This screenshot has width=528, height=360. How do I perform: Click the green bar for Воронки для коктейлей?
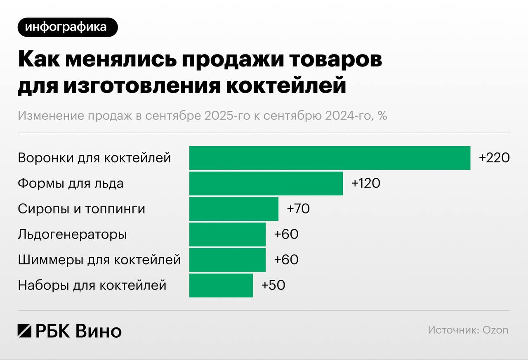pos(330,158)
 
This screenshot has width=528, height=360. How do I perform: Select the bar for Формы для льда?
pos(266,183)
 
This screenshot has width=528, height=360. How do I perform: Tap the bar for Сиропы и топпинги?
pos(234,209)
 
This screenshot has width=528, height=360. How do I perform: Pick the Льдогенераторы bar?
pos(227,234)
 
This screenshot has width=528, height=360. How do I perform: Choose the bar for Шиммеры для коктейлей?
pos(227,260)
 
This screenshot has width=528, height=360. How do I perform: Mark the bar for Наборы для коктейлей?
pos(221,285)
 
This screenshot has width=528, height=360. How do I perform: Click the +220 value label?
pos(494,158)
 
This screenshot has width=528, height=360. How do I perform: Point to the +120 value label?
pos(365,183)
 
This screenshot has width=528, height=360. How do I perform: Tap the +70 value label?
pos(298,209)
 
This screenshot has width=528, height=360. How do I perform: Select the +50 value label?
pos(273,285)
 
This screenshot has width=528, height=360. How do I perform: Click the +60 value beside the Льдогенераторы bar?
pos(286,234)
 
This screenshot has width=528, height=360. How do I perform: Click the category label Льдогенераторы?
pos(72,234)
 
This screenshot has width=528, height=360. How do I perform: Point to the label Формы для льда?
pos(71,183)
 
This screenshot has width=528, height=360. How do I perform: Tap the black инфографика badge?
pos(68,27)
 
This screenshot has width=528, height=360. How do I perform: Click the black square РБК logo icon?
pos(25,330)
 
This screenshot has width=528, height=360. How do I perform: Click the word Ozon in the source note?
pos(495,330)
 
